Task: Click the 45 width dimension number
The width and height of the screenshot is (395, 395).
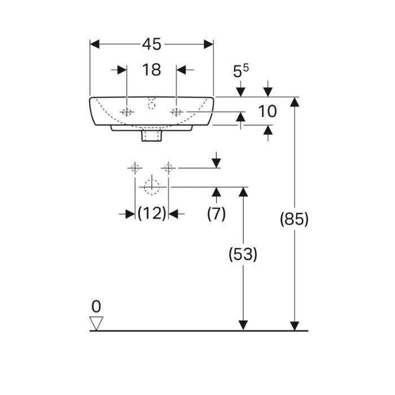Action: pyautogui.click(x=152, y=44)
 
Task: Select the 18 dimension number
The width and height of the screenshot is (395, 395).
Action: pyautogui.click(x=152, y=70)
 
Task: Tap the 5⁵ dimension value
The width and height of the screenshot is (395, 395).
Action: pyautogui.click(x=241, y=71)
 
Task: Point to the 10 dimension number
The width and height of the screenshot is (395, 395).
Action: pyautogui.click(x=267, y=111)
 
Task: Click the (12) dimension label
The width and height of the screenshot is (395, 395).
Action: pyautogui.click(x=152, y=213)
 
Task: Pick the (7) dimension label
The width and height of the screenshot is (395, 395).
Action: pyautogui.click(x=216, y=213)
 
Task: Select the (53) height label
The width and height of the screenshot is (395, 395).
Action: pyautogui.click(x=243, y=254)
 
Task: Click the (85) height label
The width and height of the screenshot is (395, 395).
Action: pyautogui.click(x=294, y=219)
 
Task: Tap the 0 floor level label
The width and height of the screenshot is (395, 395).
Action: pyautogui.click(x=96, y=306)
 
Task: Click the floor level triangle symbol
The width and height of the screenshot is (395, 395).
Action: pyautogui.click(x=97, y=323)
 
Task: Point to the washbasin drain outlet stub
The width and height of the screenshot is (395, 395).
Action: pyautogui.click(x=152, y=136)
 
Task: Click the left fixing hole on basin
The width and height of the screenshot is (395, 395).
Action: pyautogui.click(x=127, y=112)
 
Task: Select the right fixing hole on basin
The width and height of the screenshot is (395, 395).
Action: pyautogui.click(x=177, y=112)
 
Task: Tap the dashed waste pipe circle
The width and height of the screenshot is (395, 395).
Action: pyautogui.click(x=152, y=186)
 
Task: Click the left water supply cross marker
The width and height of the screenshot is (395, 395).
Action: pyautogui.click(x=134, y=168)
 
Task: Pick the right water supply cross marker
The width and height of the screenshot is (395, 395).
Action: pyautogui.click(x=168, y=168)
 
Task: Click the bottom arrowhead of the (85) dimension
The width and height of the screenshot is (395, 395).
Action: pyautogui.click(x=294, y=325)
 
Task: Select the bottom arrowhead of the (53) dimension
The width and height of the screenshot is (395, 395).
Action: pyautogui.click(x=243, y=325)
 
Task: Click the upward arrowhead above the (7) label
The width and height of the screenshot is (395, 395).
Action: pyautogui.click(x=216, y=192)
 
